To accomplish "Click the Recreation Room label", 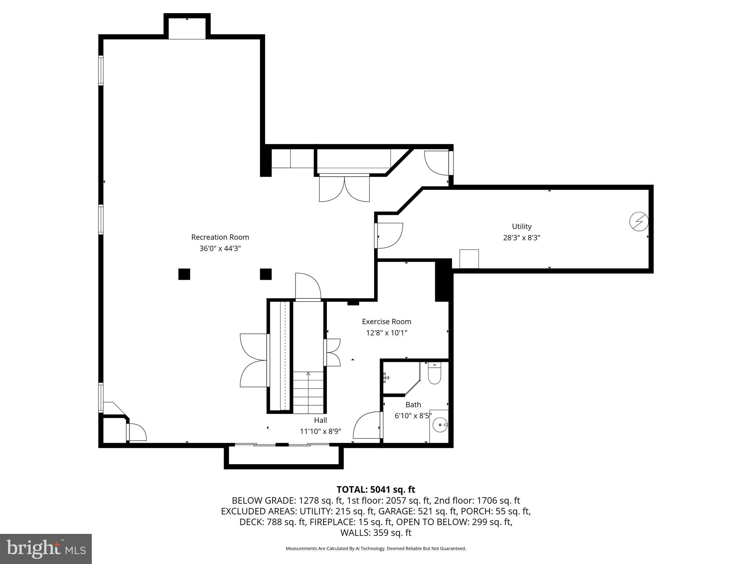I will (x=220, y=237).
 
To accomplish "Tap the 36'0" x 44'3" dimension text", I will (x=220, y=249).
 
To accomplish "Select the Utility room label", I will (x=521, y=226).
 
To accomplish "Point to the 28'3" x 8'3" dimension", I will (x=521, y=238).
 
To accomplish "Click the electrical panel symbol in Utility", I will (x=639, y=222).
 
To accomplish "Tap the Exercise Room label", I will (x=386, y=322).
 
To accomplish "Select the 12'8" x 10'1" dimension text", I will (x=386, y=333).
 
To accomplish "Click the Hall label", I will (x=320, y=420).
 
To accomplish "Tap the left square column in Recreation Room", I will (x=184, y=274).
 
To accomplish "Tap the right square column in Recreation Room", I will (x=266, y=274).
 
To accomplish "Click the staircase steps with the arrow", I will (x=308, y=391).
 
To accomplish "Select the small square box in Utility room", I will (x=469, y=259).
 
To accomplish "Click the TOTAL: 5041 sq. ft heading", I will (x=376, y=489).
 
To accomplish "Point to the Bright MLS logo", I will (x=46, y=549).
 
